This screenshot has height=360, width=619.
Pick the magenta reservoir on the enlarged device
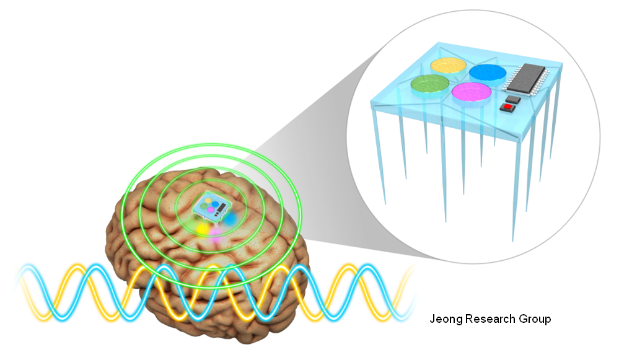(x=472, y=93)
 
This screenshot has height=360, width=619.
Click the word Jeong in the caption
(x=444, y=320)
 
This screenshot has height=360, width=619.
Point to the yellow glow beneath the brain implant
(x=202, y=228)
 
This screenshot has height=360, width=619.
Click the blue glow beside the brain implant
(x=229, y=219)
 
